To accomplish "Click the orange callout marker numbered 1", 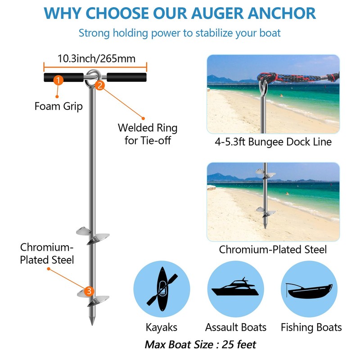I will [x=58, y=80].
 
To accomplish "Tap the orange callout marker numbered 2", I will [x=100, y=84].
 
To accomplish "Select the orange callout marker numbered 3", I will [x=89, y=291].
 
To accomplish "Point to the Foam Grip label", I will [x=58, y=107].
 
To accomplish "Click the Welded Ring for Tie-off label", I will [x=148, y=134].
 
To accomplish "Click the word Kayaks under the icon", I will [x=161, y=327].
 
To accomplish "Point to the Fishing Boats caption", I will [x=311, y=327].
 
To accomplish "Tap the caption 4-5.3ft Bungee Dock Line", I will [x=273, y=142].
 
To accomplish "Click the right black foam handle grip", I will [x=127, y=77].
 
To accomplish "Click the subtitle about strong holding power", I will [x=180, y=33].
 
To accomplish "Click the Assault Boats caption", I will [x=236, y=327].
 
